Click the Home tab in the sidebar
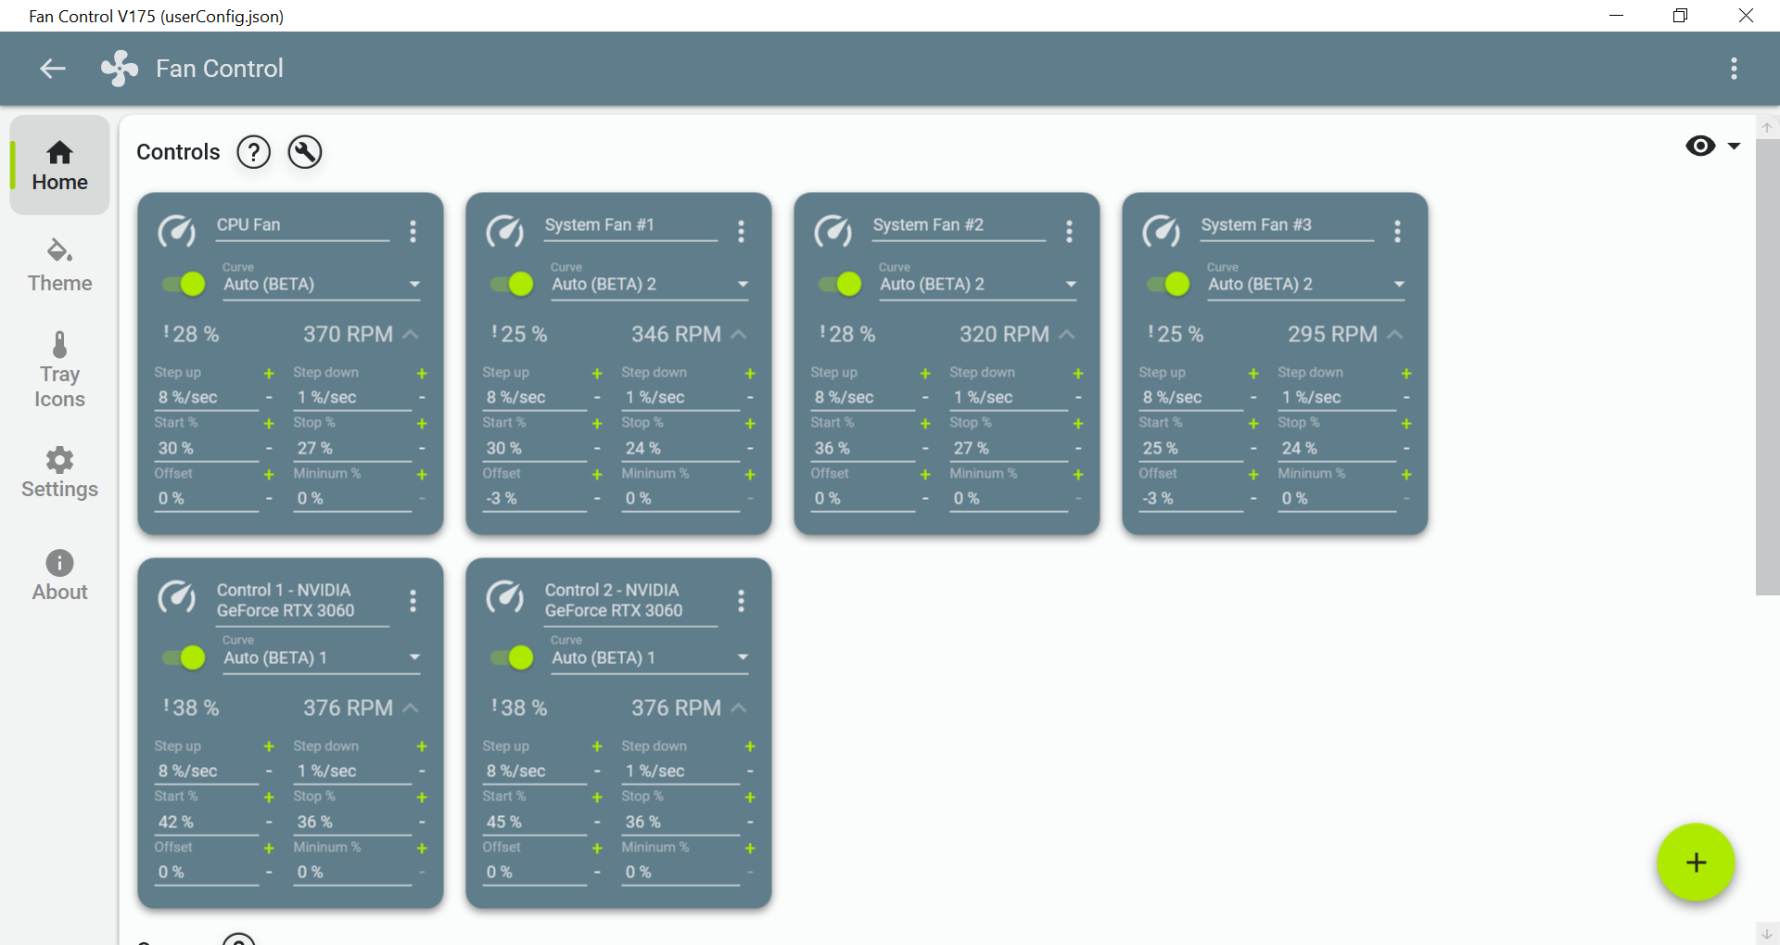coord(59,166)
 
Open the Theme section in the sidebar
coord(59,265)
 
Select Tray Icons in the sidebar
coord(59,371)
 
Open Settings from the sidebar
coord(59,473)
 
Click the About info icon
coord(59,563)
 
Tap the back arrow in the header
coord(53,69)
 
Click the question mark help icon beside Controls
coord(253,152)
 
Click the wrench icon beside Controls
coord(305,152)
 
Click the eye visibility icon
coord(1700,146)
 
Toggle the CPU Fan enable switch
coord(184,284)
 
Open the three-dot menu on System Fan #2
coord(1069,231)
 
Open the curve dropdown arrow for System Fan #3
coord(1399,284)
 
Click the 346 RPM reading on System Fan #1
coord(676,334)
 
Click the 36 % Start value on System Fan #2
coord(832,448)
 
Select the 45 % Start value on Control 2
coord(504,822)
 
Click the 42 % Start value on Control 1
coord(176,822)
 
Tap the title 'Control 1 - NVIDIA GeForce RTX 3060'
coord(286,600)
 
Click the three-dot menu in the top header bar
coord(1734,69)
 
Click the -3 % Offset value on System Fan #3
coord(1158,498)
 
